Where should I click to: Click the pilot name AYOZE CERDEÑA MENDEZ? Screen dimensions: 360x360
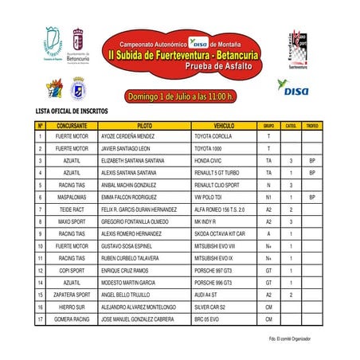pos(131,137)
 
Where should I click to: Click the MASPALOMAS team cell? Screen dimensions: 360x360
pos(72,197)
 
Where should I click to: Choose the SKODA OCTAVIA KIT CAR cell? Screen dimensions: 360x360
pos(220,233)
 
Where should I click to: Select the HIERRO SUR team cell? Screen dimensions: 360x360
pos(72,307)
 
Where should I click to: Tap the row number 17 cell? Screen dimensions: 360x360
pos(40,319)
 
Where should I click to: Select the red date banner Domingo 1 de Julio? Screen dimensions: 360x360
pos(179,96)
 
